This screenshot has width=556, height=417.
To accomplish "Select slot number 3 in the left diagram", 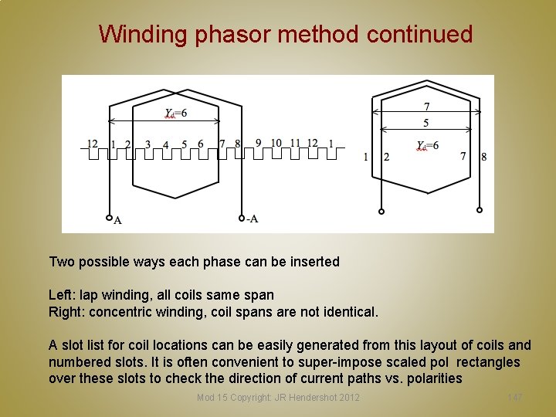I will [147, 144].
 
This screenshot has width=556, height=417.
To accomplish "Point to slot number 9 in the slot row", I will [258, 143].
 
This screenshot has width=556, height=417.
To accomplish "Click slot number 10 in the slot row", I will [276, 143].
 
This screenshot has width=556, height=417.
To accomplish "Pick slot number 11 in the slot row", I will [295, 143].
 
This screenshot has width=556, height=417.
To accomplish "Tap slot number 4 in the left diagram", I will [166, 145].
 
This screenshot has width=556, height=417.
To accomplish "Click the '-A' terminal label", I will [252, 219].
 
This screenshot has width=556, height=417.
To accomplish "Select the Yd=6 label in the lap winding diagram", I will [175, 114].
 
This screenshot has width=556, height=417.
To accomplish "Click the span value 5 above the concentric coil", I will [426, 123].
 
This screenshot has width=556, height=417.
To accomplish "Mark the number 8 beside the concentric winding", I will [484, 157].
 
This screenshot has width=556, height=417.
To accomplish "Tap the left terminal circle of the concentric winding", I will [381, 211].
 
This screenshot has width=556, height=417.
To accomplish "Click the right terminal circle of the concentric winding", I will [480, 210].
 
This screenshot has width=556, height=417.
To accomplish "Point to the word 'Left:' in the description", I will [62, 295].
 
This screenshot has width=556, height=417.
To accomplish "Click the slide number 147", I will [515, 397].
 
